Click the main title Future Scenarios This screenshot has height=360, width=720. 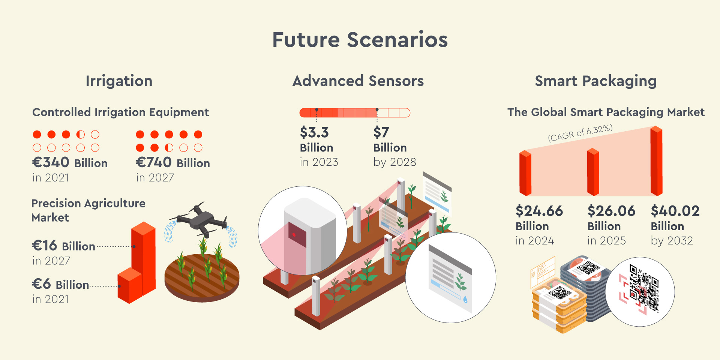point(360,40)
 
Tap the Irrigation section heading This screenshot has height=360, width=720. point(119,81)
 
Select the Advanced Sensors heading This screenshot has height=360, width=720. point(358,81)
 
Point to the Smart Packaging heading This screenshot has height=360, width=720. point(595,81)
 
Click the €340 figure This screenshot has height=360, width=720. point(51,162)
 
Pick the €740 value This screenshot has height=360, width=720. point(154,162)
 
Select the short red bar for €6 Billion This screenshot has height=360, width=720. point(130,285)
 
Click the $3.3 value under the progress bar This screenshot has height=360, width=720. point(314,132)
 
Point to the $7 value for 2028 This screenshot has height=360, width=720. point(381,132)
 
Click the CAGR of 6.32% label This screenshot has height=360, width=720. point(580,133)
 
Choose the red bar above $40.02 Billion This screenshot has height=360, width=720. point(656,161)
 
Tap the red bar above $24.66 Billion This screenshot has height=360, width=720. point(525,173)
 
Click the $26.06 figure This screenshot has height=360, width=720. point(611,211)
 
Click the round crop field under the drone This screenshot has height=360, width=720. point(202,277)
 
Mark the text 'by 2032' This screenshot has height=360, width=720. point(672,241)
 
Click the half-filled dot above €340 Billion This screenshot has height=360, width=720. point(81,135)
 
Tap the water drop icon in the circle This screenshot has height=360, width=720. point(465,299)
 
